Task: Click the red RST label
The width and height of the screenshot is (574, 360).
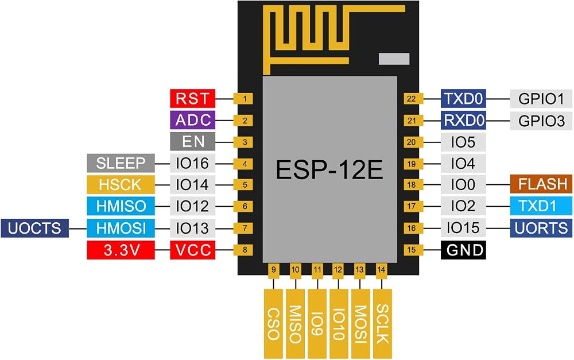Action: pyautogui.click(x=192, y=99)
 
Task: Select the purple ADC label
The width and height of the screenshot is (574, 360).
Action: pyautogui.click(x=192, y=120)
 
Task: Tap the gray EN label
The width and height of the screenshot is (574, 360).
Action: pyautogui.click(x=192, y=142)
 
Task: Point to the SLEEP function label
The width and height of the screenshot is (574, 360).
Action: pyautogui.click(x=121, y=163)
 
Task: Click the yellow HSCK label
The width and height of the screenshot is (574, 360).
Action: pyautogui.click(x=121, y=185)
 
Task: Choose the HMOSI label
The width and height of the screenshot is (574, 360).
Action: pyautogui.click(x=121, y=228)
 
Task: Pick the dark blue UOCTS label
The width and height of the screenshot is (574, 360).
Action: pyautogui.click(x=35, y=228)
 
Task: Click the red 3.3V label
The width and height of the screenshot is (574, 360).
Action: pyautogui.click(x=121, y=250)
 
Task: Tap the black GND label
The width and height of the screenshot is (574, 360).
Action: pyautogui.click(x=463, y=250)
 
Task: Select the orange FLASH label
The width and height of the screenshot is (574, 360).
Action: pyautogui.click(x=541, y=184)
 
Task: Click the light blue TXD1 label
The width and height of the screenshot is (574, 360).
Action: pyautogui.click(x=541, y=206)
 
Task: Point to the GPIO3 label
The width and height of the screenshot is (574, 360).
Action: pyautogui.click(x=541, y=121)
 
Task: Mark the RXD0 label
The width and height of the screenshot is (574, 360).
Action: pyautogui.click(x=463, y=120)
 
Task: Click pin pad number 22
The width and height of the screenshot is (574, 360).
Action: pyautogui.click(x=412, y=99)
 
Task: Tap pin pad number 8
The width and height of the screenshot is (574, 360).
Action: pyautogui.click(x=245, y=250)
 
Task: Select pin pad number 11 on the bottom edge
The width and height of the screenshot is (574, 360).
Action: pyautogui.click(x=317, y=270)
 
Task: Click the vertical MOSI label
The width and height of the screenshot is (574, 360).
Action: pyautogui.click(x=360, y=324)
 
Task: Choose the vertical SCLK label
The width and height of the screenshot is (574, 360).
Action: pyautogui.click(x=382, y=324)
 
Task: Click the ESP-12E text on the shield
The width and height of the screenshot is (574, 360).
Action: pyautogui.click(x=329, y=169)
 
